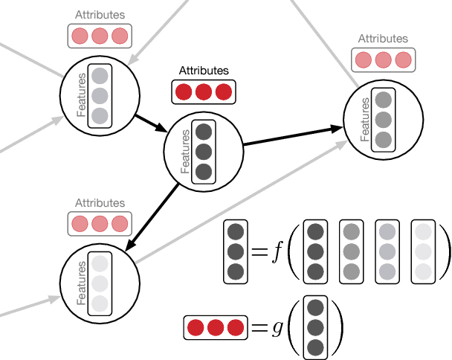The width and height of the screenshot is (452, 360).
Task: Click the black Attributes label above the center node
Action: point(204,71)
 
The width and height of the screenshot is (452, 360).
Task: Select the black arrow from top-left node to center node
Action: point(151,122)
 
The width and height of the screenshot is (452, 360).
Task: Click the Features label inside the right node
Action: point(365,120)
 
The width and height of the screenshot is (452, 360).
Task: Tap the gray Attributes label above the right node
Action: point(383,39)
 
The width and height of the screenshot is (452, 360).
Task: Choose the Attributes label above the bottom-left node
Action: point(100,203)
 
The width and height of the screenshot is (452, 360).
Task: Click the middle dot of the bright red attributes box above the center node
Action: point(204,92)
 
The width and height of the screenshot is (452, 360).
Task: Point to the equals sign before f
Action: point(258,252)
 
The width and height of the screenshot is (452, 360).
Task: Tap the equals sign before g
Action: point(257,327)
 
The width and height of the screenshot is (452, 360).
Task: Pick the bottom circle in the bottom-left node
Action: point(100,303)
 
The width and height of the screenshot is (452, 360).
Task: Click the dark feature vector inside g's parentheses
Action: point(315,327)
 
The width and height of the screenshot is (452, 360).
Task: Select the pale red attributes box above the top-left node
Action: point(100,36)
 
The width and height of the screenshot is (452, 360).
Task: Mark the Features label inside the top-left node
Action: point(81,95)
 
